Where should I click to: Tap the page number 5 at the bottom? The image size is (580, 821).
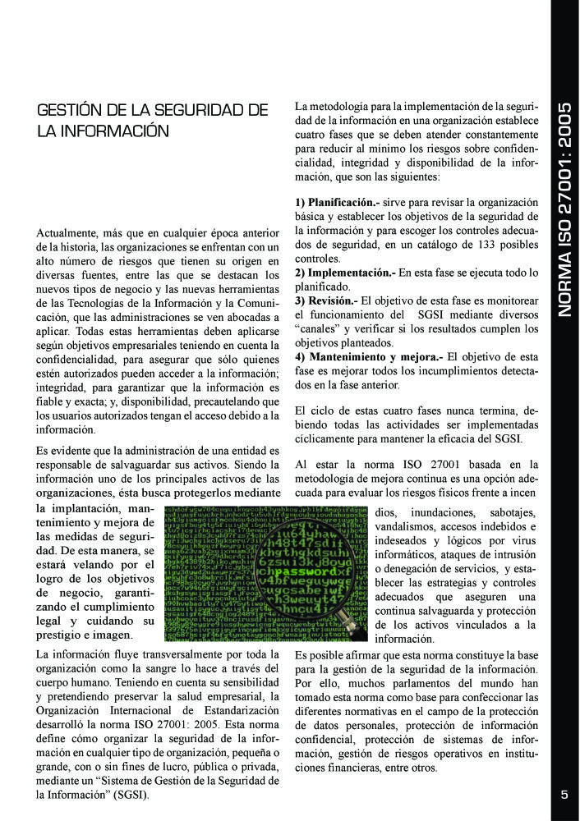(x=564, y=794)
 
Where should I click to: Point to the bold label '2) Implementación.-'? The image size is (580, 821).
(x=345, y=272)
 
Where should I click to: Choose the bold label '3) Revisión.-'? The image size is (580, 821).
(x=326, y=300)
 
